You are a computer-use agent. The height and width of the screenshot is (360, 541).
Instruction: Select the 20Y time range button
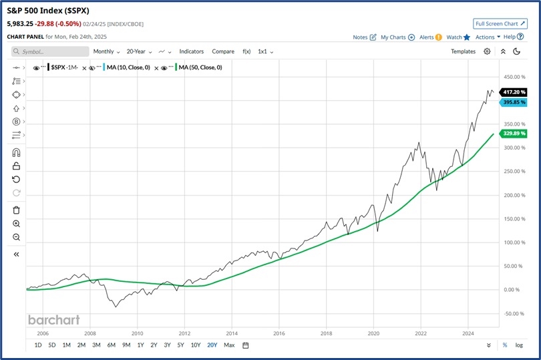click(212, 345)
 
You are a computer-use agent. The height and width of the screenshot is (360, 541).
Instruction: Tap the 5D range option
click(51, 345)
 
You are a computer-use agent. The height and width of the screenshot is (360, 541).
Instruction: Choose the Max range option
click(229, 345)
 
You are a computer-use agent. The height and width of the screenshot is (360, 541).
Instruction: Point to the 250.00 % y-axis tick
click(514, 171)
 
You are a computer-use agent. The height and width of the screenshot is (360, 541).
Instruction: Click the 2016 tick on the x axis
click(279, 333)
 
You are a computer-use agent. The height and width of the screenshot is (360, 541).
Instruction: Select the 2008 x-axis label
click(90, 333)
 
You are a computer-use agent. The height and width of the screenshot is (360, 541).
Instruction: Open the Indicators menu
click(192, 51)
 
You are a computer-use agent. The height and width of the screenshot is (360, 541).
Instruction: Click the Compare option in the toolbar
click(223, 51)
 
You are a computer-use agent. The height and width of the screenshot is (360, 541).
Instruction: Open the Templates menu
click(463, 51)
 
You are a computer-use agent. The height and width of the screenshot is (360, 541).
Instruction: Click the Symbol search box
click(51, 51)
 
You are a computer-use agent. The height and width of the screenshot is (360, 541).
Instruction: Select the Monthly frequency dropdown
click(106, 51)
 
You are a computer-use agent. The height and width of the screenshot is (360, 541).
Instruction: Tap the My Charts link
click(397, 37)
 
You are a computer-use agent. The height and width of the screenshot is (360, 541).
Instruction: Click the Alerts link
click(429, 37)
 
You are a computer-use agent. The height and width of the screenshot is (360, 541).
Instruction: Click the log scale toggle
click(520, 345)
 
